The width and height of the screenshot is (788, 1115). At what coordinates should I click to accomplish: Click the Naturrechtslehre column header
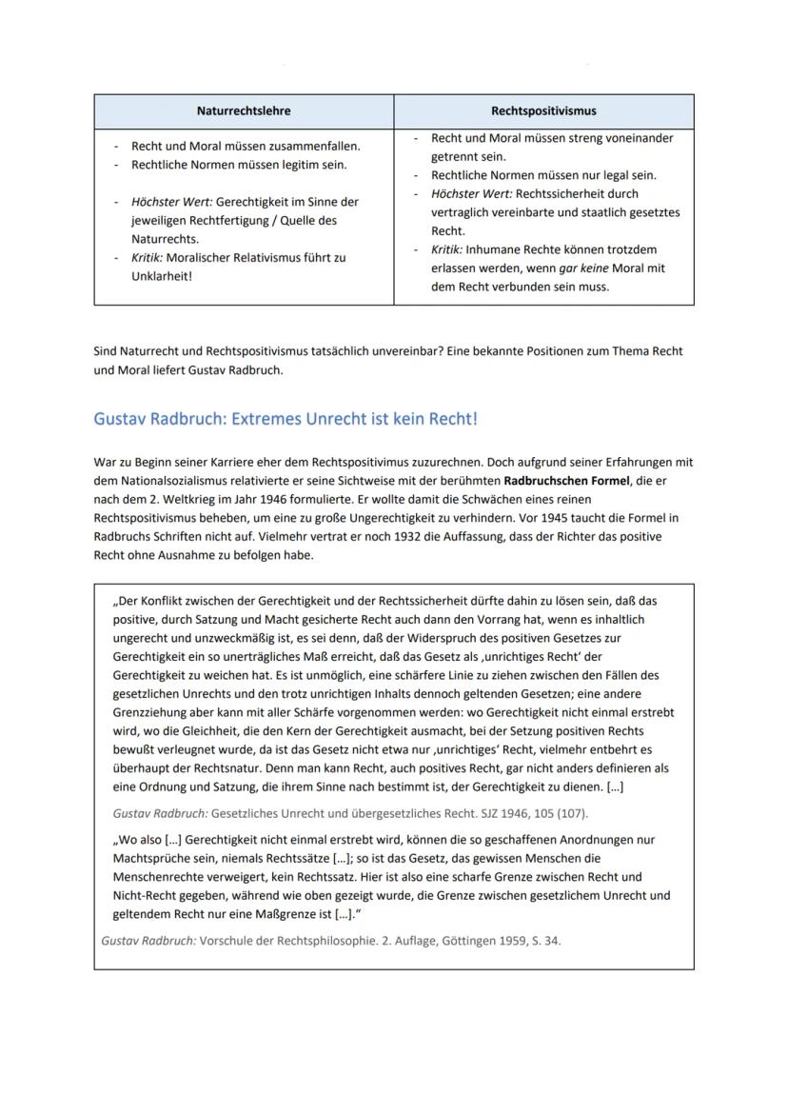coord(244,110)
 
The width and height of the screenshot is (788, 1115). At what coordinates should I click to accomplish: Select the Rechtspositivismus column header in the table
coord(543,110)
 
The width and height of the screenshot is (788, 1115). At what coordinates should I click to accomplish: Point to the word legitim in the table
coord(296,165)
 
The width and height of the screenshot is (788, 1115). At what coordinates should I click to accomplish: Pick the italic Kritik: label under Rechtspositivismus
coord(446,249)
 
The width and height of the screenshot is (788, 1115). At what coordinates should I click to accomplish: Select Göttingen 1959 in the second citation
coord(483,939)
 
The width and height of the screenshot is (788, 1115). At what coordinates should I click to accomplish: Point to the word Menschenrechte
coord(158,876)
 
